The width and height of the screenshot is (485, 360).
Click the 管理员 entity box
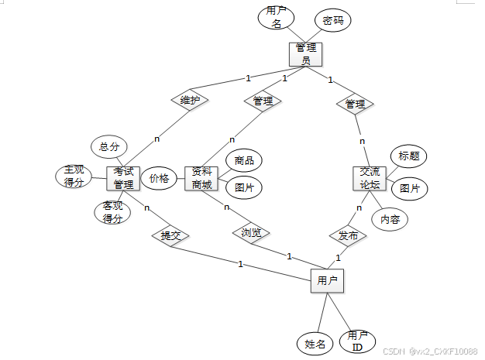coord(305,54)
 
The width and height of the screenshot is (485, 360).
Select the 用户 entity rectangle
coord(327,281)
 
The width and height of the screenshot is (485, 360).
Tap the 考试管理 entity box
coord(123,179)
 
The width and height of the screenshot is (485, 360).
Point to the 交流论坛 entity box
coord(369,179)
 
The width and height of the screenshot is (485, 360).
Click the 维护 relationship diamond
coord(190,101)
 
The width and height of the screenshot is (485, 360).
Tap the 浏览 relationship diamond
coord(250,232)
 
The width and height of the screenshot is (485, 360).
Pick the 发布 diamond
coord(347,235)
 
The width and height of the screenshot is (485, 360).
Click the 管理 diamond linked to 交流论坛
coord(355,103)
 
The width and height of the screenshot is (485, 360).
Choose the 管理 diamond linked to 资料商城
coord(263,101)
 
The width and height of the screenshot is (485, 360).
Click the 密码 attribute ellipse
coord(332,21)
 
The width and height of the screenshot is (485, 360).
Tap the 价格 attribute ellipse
coord(160,178)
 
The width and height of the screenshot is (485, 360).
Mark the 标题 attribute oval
coord(408,156)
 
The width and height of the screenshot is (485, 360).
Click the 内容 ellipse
coord(390,220)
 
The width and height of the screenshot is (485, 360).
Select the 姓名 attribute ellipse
coord(315,342)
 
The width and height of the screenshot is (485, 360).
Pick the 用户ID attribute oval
coord(357,341)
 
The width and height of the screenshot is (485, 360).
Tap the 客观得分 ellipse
coord(112,212)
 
